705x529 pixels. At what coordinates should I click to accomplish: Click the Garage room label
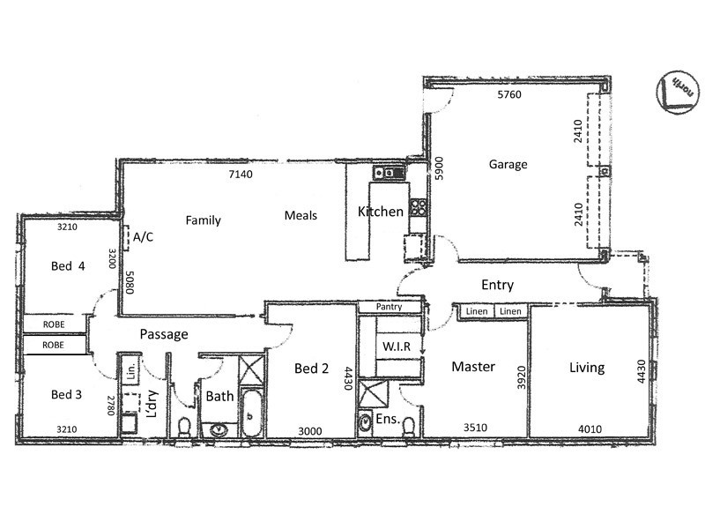pyautogui.click(x=508, y=164)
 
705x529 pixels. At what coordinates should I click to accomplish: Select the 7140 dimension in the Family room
pyautogui.click(x=241, y=175)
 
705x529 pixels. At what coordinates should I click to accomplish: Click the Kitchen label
pyautogui.click(x=380, y=212)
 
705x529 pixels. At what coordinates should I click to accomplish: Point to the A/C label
pyautogui.click(x=144, y=237)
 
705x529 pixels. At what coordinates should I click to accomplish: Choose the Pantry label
pyautogui.click(x=389, y=307)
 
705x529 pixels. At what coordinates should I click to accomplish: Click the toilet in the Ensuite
pyautogui.click(x=407, y=427)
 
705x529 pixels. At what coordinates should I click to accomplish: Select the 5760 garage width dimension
pyautogui.click(x=509, y=95)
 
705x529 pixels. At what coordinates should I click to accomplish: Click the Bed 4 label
pyautogui.click(x=67, y=268)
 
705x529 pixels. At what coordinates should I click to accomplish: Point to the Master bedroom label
pyautogui.click(x=473, y=367)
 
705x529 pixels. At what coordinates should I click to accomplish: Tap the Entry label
pyautogui.click(x=497, y=285)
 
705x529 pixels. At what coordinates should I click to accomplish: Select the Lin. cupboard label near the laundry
pyautogui.click(x=130, y=369)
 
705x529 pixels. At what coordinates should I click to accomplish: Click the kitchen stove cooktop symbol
pyautogui.click(x=419, y=210)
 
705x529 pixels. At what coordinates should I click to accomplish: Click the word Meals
pyautogui.click(x=301, y=215)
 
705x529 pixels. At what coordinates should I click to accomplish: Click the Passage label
pyautogui.click(x=164, y=334)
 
